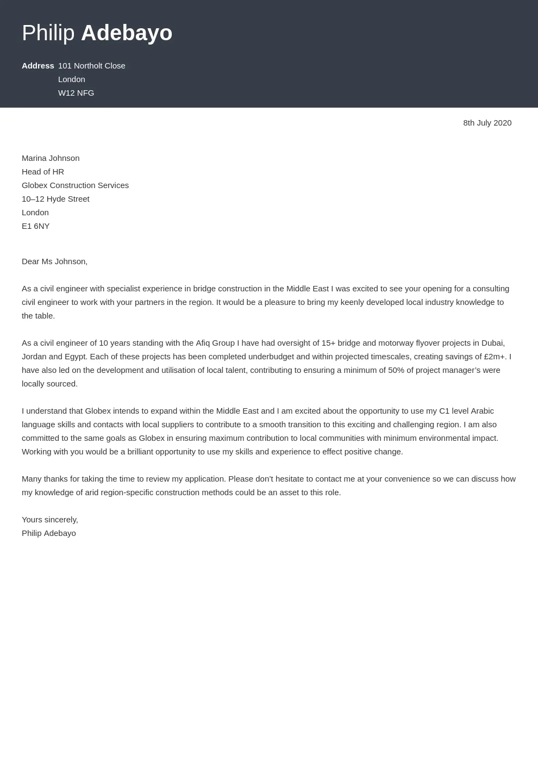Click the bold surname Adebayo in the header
tap(127, 33)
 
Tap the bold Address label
tap(38, 66)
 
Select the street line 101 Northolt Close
tap(92, 66)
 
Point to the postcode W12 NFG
tap(76, 93)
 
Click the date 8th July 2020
tap(487, 123)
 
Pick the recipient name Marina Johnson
tap(51, 158)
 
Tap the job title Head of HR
tap(43, 172)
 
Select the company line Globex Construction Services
tap(75, 185)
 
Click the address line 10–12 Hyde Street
tap(55, 199)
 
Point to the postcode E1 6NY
tap(35, 226)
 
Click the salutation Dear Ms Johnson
tap(54, 261)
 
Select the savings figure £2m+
tap(495, 357)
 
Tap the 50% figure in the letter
tap(397, 370)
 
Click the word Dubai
tap(492, 343)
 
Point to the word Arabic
tap(482, 411)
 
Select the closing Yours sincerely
tap(50, 520)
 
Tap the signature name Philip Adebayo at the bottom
tap(49, 533)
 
